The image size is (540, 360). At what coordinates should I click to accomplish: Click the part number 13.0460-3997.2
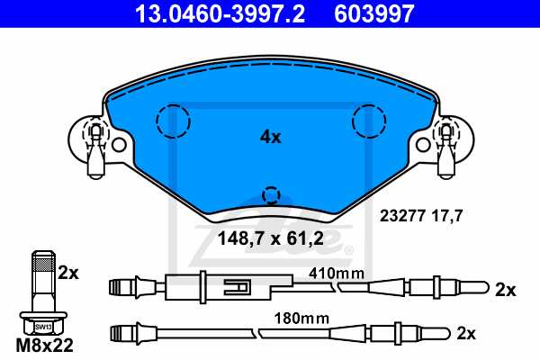point(210,13)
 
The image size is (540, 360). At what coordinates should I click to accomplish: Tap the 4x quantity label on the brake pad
point(270,138)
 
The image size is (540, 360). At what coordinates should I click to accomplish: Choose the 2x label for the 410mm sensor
point(505,290)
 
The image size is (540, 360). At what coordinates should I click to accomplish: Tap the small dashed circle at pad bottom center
point(271,195)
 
